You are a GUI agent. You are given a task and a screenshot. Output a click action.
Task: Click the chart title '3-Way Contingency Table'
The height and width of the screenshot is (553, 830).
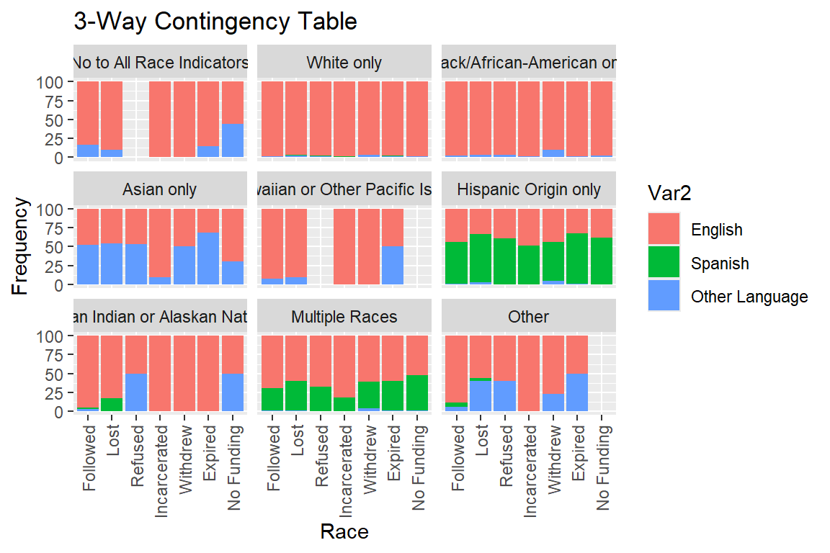click(215, 22)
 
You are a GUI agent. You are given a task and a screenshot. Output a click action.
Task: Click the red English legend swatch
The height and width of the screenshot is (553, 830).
click(664, 230)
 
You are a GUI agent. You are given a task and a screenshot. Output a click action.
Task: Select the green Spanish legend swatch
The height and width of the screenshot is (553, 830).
click(664, 263)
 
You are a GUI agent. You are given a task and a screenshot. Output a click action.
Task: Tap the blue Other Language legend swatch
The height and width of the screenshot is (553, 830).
click(664, 296)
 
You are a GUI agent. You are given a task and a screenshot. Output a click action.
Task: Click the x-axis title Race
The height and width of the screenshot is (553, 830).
click(344, 532)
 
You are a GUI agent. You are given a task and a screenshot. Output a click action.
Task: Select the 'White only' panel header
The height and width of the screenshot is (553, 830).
click(344, 63)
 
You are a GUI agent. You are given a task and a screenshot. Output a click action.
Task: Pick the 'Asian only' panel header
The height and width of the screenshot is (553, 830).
click(160, 190)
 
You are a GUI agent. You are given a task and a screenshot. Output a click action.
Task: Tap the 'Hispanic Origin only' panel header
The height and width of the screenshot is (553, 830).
click(529, 190)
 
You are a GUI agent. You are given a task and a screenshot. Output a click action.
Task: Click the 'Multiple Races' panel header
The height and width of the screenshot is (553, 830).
click(344, 317)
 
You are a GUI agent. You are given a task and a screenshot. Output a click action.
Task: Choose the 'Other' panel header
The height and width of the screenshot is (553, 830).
click(529, 317)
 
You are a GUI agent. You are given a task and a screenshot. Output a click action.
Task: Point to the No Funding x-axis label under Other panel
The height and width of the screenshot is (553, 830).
click(602, 468)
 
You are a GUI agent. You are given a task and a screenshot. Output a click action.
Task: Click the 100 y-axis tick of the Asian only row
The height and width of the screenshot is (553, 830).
click(54, 209)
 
